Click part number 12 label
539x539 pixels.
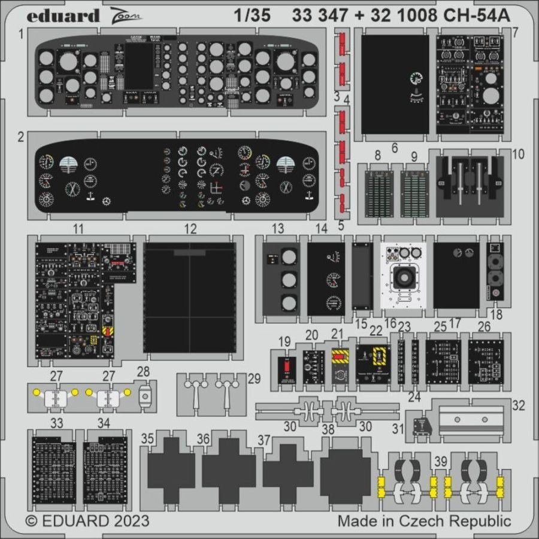point(190,228)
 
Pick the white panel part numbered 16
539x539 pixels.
point(403,275)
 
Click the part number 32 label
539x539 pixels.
point(519,405)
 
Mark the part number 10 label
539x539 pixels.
point(518,154)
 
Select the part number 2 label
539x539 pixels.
point(20,137)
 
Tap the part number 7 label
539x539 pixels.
point(515,31)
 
